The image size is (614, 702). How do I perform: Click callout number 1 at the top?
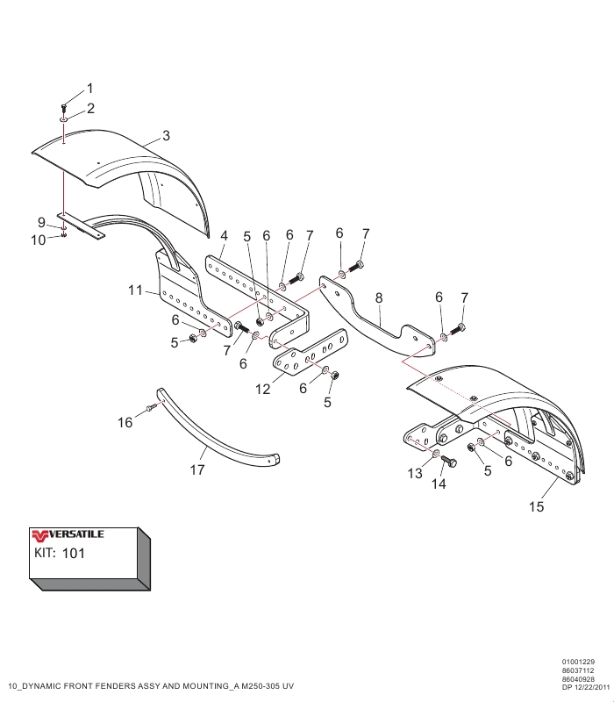coord(89,90)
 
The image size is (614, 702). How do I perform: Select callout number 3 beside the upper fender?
coord(166,136)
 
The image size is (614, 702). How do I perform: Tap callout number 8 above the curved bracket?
coord(379,298)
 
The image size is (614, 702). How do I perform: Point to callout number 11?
coord(134,290)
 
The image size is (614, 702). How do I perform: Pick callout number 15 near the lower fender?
coord(537,506)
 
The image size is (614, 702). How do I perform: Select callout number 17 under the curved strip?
coord(197,470)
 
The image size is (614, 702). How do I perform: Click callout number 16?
coord(125,423)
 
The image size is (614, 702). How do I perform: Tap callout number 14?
coord(438,484)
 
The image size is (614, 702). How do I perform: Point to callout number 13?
coord(415,475)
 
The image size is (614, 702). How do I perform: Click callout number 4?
coord(224,236)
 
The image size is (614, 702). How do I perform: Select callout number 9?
coord(41,221)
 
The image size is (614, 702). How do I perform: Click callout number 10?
coord(39,239)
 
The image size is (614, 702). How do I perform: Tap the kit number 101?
coord(75,554)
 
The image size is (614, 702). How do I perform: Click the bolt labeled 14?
coord(450,462)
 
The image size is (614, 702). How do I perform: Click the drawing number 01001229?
coord(579,662)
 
